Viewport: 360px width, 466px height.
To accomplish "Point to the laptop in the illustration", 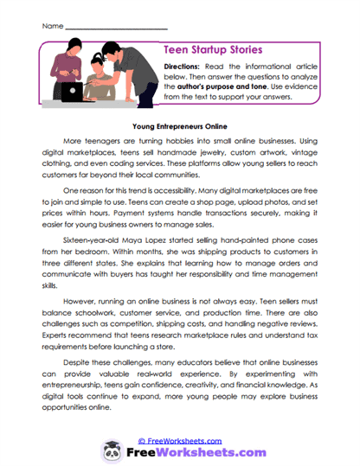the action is [x=73, y=89].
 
